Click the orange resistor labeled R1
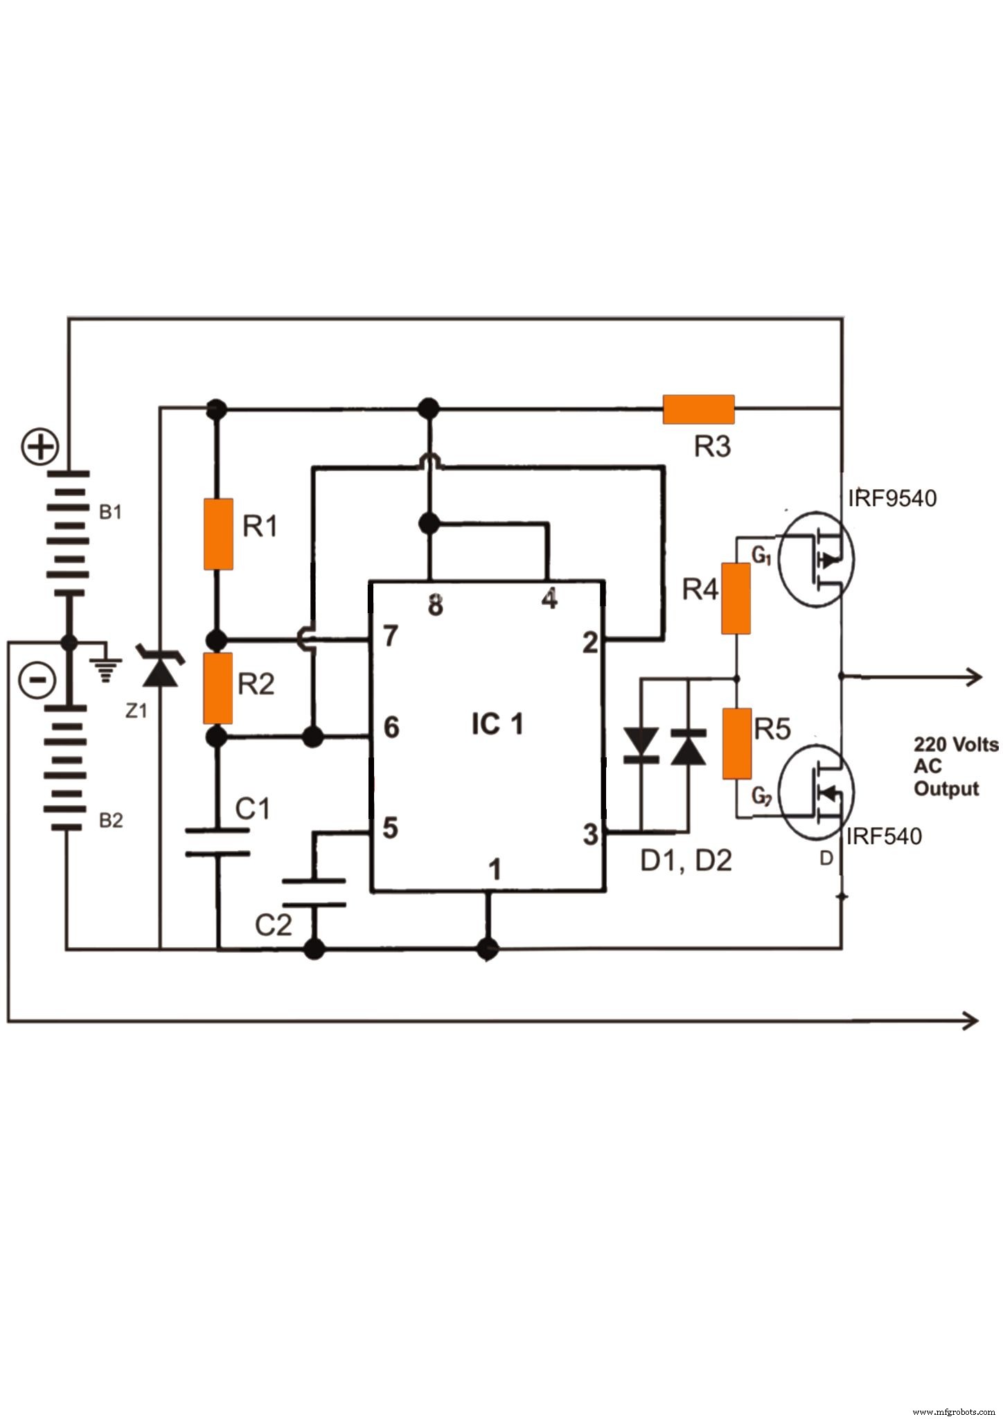218,534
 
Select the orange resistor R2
218,687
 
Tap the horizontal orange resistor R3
698,409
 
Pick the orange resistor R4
736,599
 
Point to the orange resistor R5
736,743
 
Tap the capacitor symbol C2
314,892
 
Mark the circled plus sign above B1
40,447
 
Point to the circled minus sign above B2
37,680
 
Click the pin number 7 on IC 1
391,635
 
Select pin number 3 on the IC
589,834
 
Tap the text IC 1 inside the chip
497,725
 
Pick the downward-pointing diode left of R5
641,745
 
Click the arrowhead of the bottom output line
970,1021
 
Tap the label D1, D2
686,861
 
